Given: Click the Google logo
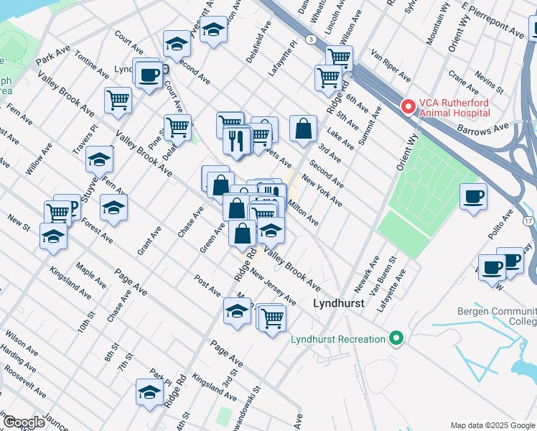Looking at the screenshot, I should [x=24, y=422].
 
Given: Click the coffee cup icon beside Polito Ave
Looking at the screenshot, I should [x=473, y=196].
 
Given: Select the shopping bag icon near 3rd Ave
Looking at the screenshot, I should [x=304, y=129].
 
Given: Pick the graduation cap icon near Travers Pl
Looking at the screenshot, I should [x=99, y=159].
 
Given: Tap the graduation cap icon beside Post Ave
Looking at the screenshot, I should [x=237, y=311].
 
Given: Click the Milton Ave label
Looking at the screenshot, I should [x=302, y=212].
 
